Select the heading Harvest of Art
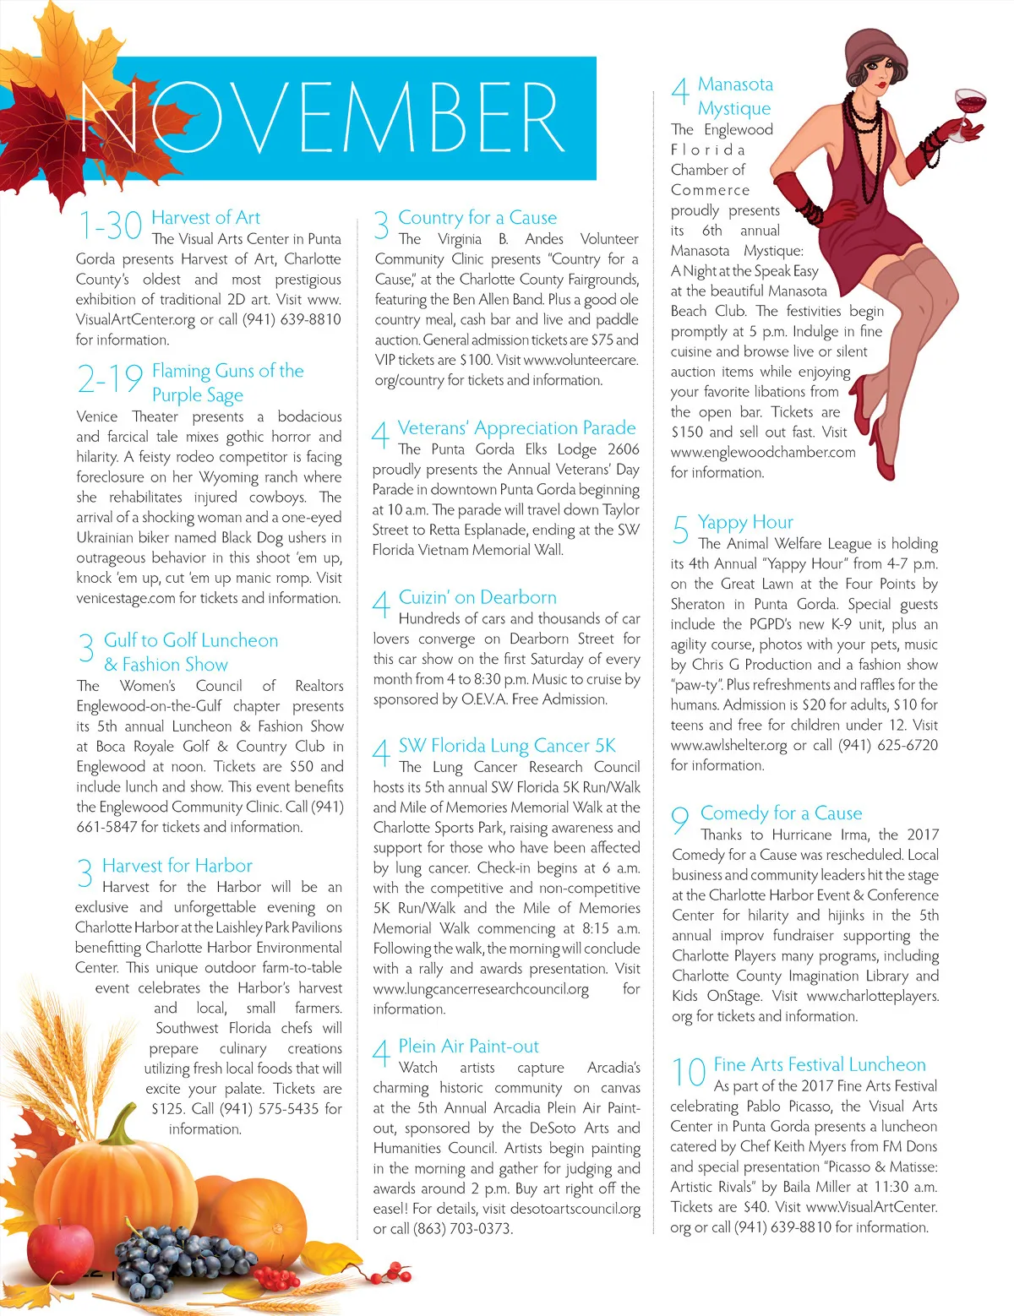(205, 218)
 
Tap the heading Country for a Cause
(477, 218)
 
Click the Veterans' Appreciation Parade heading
(516, 428)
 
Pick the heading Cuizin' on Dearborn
(477, 597)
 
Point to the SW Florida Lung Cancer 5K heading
(507, 746)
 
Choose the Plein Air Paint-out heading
(468, 1047)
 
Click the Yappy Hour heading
(745, 522)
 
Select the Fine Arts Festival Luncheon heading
(819, 1064)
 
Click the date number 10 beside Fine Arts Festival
(689, 1073)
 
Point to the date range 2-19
(110, 379)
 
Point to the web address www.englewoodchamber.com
(763, 452)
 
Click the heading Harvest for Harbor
(177, 866)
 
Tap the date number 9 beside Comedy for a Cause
(679, 819)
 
